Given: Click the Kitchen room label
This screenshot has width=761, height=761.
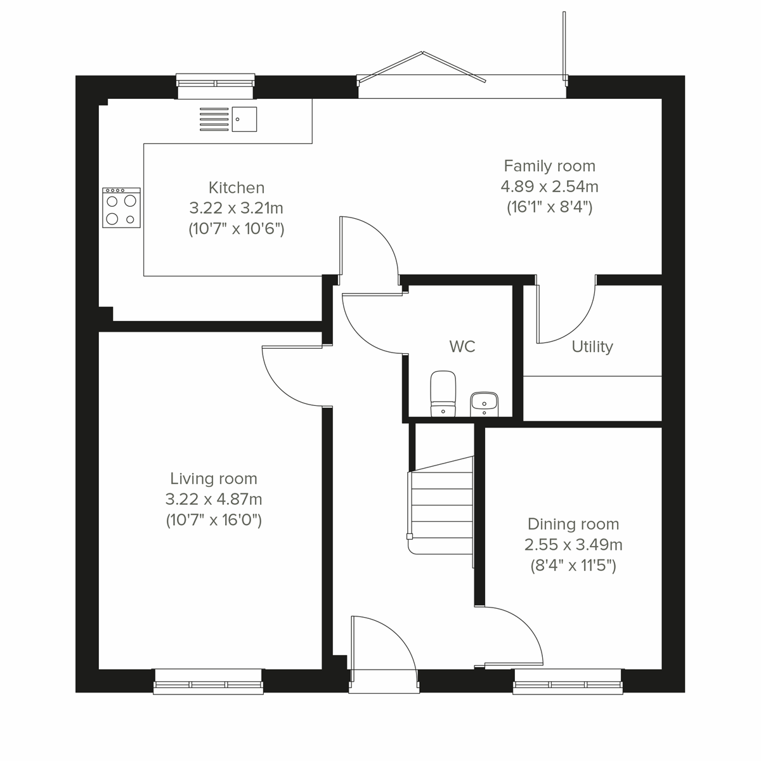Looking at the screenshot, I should [x=236, y=188].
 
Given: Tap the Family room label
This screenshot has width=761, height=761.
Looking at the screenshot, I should [x=549, y=166].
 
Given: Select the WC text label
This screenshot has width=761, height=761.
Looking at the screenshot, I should [x=462, y=346].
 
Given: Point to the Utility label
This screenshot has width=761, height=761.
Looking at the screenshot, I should [x=592, y=347].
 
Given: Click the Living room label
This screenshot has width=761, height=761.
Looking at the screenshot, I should [x=214, y=479].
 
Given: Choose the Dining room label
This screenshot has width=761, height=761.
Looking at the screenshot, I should [x=573, y=524].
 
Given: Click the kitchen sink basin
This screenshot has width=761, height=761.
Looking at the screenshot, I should [x=244, y=119].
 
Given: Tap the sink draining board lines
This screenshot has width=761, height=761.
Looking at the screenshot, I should [x=214, y=119].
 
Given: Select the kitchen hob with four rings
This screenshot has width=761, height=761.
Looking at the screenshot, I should [x=121, y=207].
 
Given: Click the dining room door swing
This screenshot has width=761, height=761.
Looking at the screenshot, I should [x=514, y=634].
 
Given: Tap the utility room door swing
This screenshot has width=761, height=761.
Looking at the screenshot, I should [x=566, y=314].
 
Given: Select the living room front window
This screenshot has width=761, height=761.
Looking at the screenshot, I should [x=208, y=682].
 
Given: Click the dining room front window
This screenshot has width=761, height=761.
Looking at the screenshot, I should [x=568, y=682].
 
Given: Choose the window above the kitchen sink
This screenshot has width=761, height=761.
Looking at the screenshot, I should [x=216, y=82].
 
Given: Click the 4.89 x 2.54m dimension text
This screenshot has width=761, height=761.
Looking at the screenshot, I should [x=549, y=186].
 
